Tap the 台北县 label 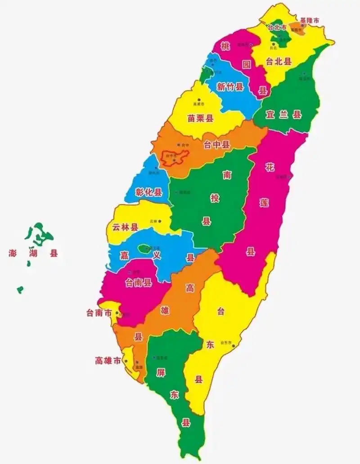(x=279, y=62)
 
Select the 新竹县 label (x=230, y=87)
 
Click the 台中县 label (x=217, y=144)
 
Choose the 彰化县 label (x=148, y=192)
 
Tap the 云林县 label (x=125, y=228)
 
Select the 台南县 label (x=138, y=282)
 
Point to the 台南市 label (x=99, y=313)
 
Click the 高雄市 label (x=108, y=361)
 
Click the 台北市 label (x=277, y=27)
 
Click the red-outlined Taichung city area (x=175, y=157)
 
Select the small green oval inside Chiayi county (x=144, y=248)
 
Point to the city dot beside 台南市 (x=117, y=313)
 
